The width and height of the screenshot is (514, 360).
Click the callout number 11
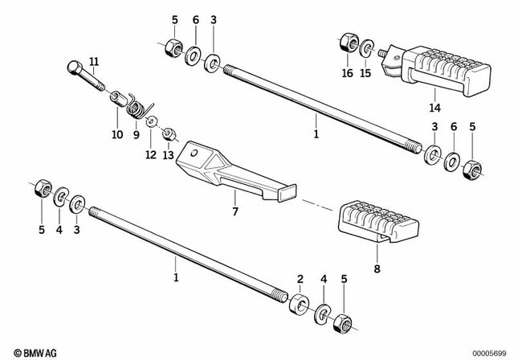pos(94,62)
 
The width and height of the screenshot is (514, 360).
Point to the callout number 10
pos(117,134)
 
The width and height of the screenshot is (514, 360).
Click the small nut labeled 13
pos(169,131)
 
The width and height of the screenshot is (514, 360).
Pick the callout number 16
pos(347,72)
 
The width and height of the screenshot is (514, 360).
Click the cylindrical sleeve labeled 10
pos(119,100)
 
